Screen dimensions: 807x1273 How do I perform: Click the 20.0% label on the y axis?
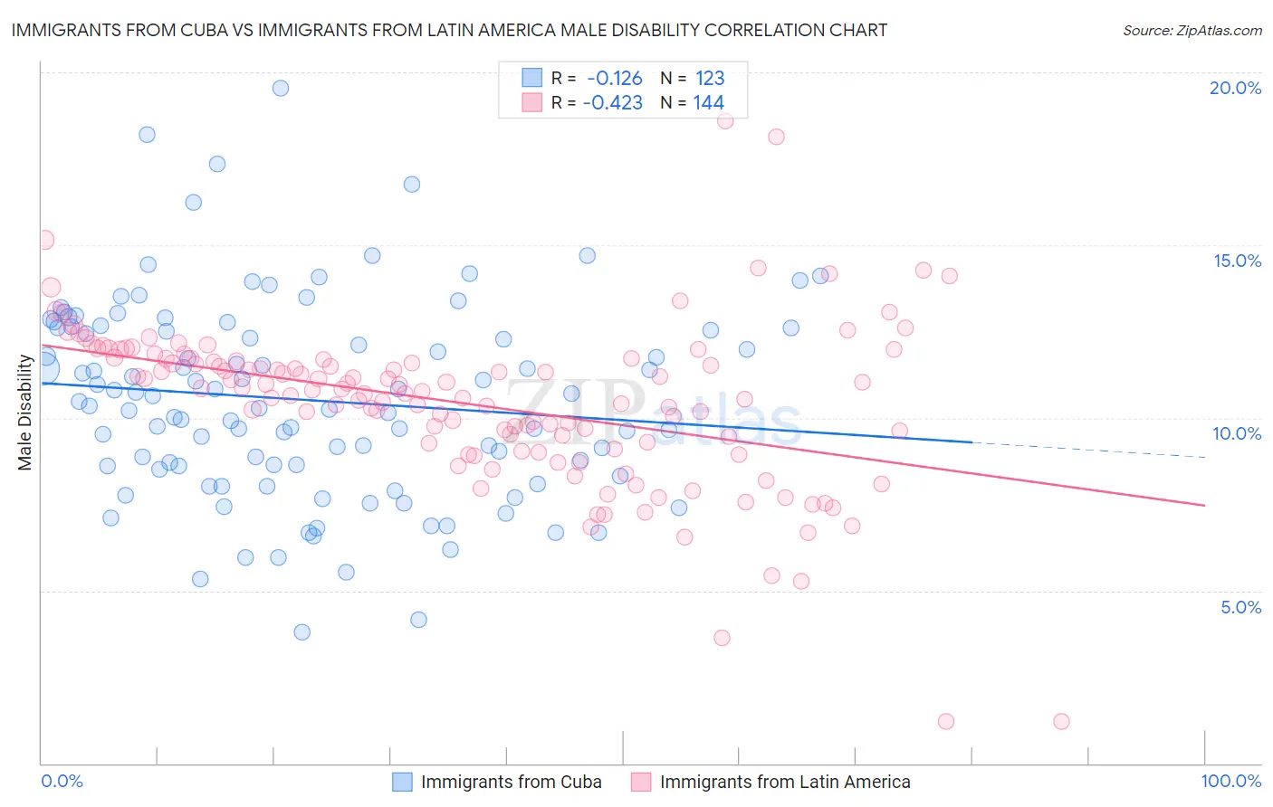pos(1235,88)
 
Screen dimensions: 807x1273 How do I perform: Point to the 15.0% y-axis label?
pos(1237,261)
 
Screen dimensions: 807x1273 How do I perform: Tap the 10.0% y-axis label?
pos(1237,433)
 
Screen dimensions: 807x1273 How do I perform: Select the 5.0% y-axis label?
pos(1240,607)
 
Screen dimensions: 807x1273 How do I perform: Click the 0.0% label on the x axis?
pos(62,781)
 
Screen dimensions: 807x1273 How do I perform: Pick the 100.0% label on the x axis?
pos(1231,781)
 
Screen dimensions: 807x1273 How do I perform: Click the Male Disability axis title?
pos(25,413)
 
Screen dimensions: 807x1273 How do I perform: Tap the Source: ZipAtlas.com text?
pos(1192,31)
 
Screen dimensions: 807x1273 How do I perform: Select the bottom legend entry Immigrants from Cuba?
pos(511,782)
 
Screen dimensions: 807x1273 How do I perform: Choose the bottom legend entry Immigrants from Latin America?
pos(785,782)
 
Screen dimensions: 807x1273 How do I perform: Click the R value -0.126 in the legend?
pos(615,78)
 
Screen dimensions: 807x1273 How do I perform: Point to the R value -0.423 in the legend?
pos(613,102)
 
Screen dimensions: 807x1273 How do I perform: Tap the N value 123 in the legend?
pos(710,78)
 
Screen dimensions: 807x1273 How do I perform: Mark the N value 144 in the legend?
pos(709,102)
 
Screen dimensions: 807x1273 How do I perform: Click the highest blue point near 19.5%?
pos(281,88)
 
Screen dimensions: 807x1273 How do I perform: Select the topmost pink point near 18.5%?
pos(725,120)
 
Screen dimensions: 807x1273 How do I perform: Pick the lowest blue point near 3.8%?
pos(302,632)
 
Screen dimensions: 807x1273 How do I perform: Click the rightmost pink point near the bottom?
pos(1061,721)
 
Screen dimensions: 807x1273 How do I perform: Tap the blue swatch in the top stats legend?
pos(531,78)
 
